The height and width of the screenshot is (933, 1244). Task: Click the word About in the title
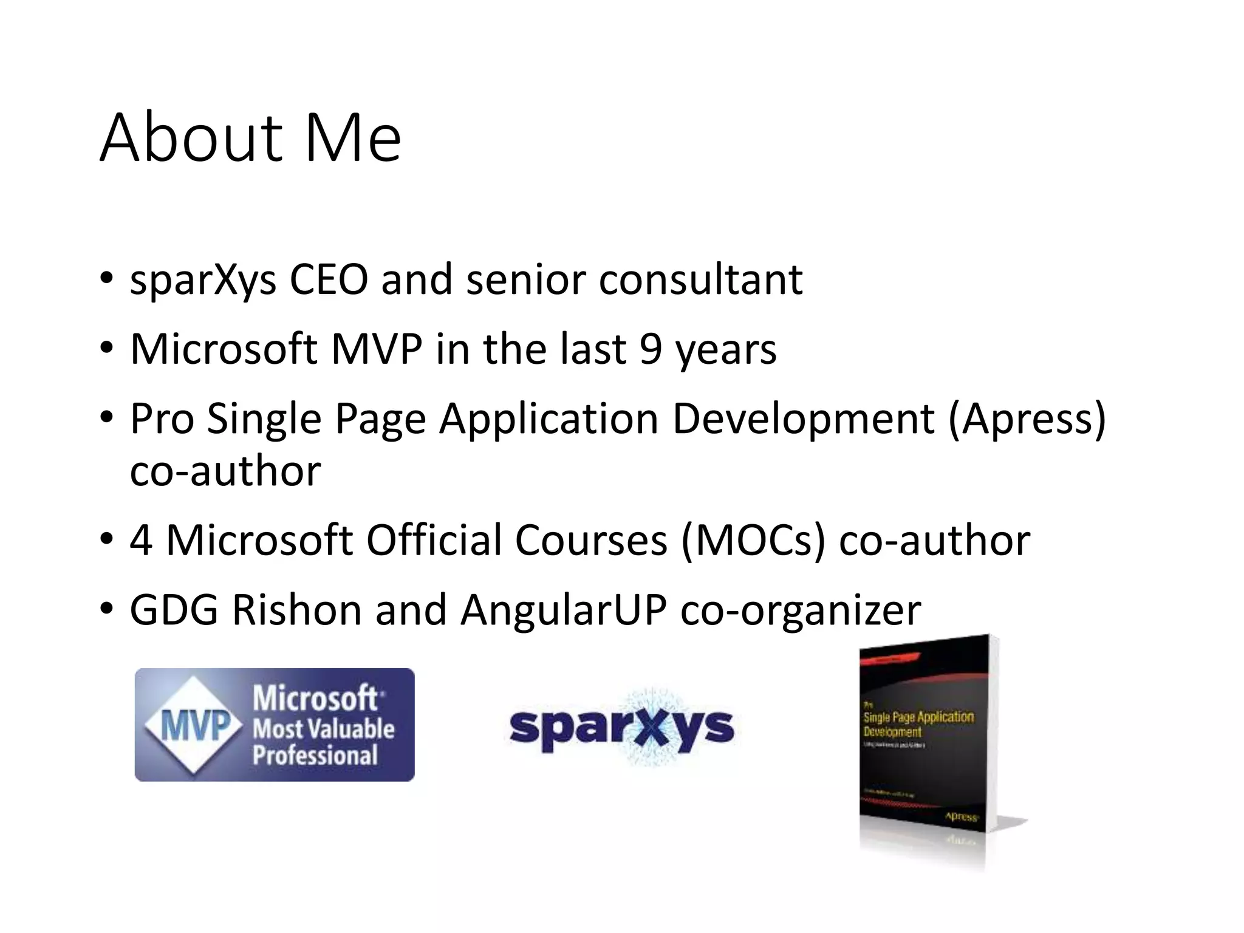pos(191,138)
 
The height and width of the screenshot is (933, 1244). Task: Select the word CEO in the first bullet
pos(329,279)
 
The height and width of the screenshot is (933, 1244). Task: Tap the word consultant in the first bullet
pos(700,279)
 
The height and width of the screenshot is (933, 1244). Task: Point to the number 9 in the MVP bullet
pos(650,349)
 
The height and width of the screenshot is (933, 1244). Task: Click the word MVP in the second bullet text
pos(377,349)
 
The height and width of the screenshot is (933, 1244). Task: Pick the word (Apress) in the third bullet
pos(1027,419)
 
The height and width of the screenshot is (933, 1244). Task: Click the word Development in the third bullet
pos(803,419)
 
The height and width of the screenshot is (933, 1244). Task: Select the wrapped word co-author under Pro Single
pos(225,471)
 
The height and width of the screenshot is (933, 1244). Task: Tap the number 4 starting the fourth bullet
pos(141,540)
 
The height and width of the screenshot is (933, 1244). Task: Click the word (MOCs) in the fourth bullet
pos(753,540)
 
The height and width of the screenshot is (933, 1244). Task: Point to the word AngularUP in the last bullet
pos(563,610)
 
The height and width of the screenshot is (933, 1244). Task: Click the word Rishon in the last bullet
pos(296,610)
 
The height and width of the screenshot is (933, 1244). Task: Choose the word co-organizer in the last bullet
pos(800,610)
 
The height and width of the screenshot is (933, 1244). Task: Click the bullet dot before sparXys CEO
pos(107,279)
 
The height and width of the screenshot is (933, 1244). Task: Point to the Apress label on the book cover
pos(962,817)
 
